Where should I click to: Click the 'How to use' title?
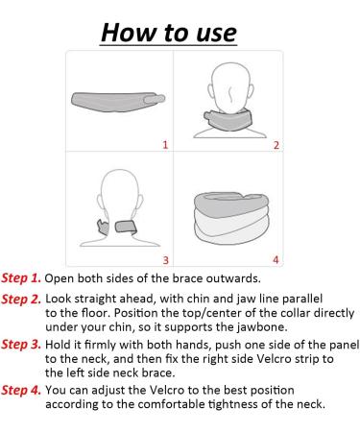point(169,33)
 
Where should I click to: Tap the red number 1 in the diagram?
point(165,145)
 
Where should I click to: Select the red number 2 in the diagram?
point(276,145)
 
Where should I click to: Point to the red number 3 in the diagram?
point(165,260)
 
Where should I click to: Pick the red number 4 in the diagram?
point(276,259)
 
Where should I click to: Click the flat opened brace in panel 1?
point(118,102)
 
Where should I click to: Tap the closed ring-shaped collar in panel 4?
point(231,218)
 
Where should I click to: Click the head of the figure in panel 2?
point(230,87)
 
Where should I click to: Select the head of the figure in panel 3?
point(119,195)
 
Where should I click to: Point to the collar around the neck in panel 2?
point(228,119)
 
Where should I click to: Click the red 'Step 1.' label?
point(21,278)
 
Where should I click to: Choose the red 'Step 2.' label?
point(21,300)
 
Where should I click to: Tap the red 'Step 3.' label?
point(21,345)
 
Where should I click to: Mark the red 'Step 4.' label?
point(21,391)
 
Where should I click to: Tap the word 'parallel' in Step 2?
point(302,299)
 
